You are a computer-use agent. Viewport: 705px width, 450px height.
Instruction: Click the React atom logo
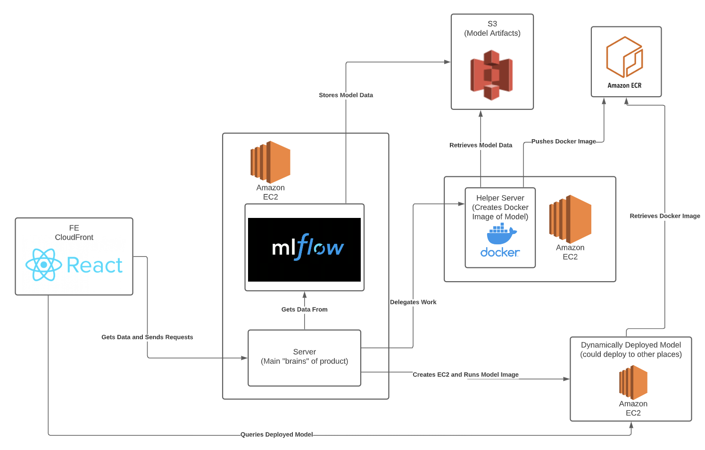click(x=44, y=265)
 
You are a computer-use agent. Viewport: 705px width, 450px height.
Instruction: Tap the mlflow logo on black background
click(x=304, y=250)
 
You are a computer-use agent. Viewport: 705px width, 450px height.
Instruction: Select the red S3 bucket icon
click(x=491, y=75)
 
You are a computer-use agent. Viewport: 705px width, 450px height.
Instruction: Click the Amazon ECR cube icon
click(x=624, y=57)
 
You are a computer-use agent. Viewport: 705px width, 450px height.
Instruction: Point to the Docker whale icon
click(x=502, y=233)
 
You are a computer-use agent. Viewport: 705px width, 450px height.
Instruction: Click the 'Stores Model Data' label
click(x=346, y=95)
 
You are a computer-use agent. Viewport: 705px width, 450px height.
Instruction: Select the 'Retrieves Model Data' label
click(x=481, y=145)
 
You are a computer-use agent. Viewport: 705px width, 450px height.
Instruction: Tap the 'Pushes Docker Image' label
click(x=564, y=142)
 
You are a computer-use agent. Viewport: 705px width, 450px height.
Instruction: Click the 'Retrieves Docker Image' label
click(x=665, y=216)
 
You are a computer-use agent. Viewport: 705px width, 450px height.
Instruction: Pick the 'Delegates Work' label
click(x=413, y=302)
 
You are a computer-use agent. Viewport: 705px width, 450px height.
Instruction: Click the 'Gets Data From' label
click(x=304, y=309)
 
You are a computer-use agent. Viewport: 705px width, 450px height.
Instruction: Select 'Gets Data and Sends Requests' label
click(x=147, y=337)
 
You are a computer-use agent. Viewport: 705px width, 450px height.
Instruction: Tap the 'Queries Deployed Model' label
click(x=277, y=434)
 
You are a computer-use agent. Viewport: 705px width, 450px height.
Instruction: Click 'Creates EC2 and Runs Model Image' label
click(x=465, y=375)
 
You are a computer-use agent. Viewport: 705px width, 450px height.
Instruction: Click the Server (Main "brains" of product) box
click(x=304, y=358)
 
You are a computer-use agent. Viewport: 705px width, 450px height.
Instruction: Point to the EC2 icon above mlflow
click(x=270, y=162)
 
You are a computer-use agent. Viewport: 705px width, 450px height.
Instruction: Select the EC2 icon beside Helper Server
click(x=570, y=219)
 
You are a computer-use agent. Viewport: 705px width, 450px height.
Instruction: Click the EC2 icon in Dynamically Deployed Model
click(x=633, y=382)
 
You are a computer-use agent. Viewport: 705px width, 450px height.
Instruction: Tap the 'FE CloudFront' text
click(x=74, y=233)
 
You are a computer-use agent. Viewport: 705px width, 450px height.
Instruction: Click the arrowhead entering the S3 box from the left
click(x=447, y=62)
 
